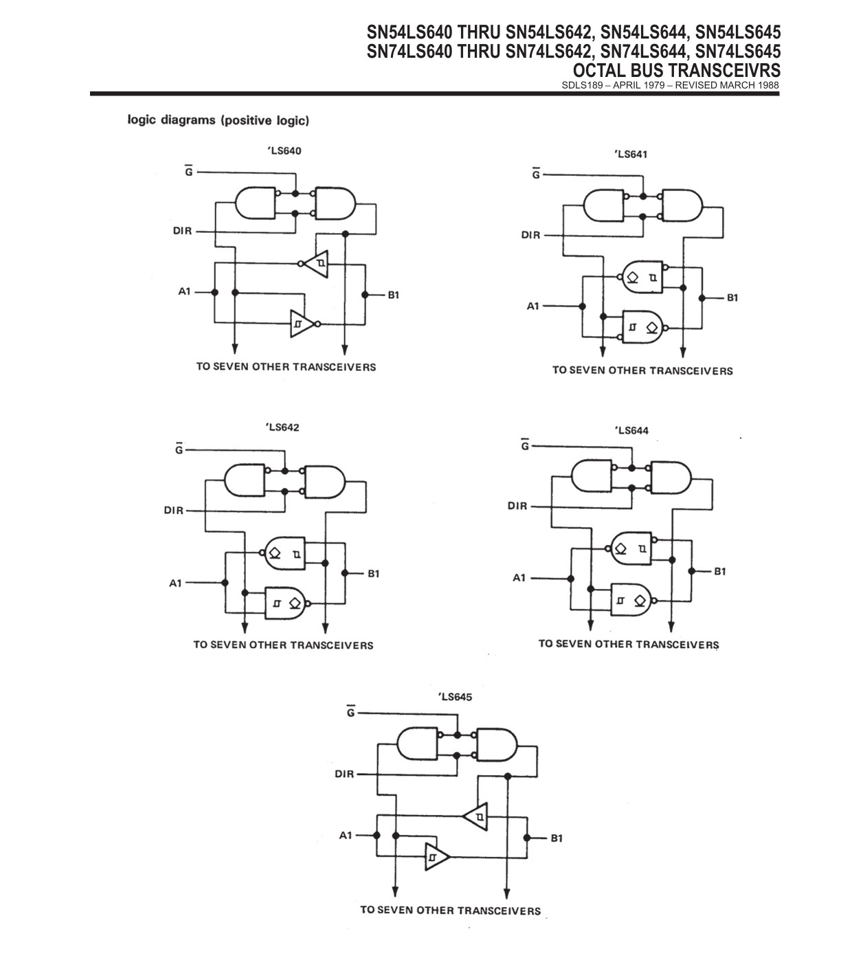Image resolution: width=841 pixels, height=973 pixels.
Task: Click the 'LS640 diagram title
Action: pyautogui.click(x=284, y=151)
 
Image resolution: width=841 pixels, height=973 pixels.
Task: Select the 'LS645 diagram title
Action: pyautogui.click(x=455, y=697)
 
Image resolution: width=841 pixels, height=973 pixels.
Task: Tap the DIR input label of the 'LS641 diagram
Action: pyautogui.click(x=530, y=235)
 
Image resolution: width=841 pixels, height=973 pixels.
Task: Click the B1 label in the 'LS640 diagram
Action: pyautogui.click(x=394, y=295)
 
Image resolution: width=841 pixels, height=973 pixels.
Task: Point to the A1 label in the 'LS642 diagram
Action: pyautogui.click(x=175, y=583)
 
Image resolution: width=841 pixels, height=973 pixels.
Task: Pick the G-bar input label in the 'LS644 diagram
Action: pyautogui.click(x=525, y=445)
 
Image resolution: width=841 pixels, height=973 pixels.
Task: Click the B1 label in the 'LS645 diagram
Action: pyautogui.click(x=557, y=838)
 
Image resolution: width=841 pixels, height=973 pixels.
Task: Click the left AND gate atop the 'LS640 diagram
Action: pyautogui.click(x=255, y=203)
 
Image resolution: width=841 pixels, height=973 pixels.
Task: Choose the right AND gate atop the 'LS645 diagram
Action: pyautogui.click(x=497, y=745)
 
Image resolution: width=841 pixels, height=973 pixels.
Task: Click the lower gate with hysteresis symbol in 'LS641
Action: pyautogui.click(x=642, y=327)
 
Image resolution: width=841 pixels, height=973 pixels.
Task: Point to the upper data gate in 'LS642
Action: pyautogui.click(x=286, y=554)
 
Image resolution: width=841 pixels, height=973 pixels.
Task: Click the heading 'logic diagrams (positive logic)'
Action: pyautogui.click(x=218, y=120)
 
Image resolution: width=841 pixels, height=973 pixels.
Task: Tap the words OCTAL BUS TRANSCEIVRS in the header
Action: pyautogui.click(x=676, y=71)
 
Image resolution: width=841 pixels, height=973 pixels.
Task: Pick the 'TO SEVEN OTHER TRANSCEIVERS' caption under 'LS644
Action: pyautogui.click(x=629, y=644)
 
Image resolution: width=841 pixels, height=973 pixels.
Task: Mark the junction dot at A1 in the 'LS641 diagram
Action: pyautogui.click(x=582, y=306)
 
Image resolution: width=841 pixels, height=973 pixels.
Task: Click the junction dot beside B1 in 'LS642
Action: pyautogui.click(x=344, y=573)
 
